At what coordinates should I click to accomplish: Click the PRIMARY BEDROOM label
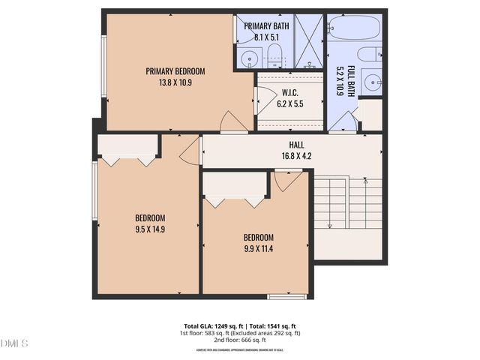click(175, 71)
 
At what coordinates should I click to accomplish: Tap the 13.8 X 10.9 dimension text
click(175, 82)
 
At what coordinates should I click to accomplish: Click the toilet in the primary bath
click(274, 54)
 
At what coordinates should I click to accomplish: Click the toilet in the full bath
click(370, 55)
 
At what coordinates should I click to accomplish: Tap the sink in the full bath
click(370, 81)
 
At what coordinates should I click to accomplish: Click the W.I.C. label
click(289, 93)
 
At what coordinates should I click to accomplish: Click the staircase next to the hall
click(347, 203)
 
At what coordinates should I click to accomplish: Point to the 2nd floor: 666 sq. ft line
click(239, 340)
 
